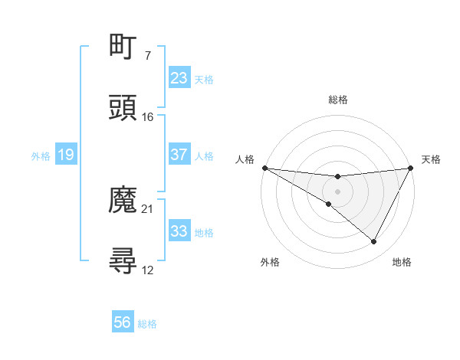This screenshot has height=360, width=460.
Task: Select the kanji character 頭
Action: point(123,109)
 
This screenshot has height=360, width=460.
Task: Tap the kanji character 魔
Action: point(123,201)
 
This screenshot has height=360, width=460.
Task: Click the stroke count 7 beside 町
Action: point(147,56)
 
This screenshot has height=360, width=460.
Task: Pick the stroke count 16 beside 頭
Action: point(148,117)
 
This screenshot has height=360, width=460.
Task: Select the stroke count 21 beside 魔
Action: point(148,209)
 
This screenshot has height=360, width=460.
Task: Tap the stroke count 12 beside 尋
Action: point(148,270)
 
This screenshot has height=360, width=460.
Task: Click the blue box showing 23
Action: point(179,78)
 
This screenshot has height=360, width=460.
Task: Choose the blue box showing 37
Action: point(179,155)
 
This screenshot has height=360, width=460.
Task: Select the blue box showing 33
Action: point(179,231)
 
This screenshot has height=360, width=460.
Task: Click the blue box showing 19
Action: point(66,155)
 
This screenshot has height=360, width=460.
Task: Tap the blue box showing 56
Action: point(123,323)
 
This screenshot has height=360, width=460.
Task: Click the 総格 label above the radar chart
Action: point(338,100)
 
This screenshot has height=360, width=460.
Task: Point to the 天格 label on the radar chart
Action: point(432,159)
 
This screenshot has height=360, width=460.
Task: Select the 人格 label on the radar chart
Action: point(245,159)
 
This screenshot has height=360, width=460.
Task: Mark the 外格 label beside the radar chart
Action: point(270,263)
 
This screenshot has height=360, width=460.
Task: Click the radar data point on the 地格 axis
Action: point(374,242)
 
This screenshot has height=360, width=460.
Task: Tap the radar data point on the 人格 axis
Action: point(264,168)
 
